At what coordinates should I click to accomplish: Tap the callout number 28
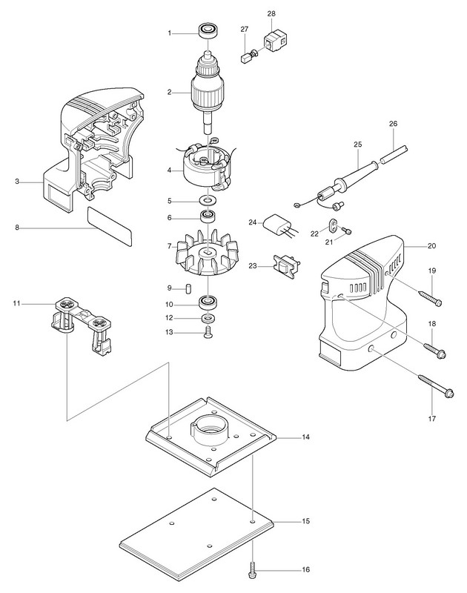271,13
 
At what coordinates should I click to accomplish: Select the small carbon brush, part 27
246,59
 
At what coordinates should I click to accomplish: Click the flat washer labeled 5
208,199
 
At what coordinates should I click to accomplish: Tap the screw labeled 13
208,333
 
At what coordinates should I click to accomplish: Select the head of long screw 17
449,394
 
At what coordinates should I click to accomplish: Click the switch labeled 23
286,266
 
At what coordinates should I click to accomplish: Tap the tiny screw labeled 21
346,231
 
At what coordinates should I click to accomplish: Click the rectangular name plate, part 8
110,226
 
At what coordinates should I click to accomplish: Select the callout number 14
305,437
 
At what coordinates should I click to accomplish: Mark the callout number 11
16,303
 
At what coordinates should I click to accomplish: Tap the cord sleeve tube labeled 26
394,154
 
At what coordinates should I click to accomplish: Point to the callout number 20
431,246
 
